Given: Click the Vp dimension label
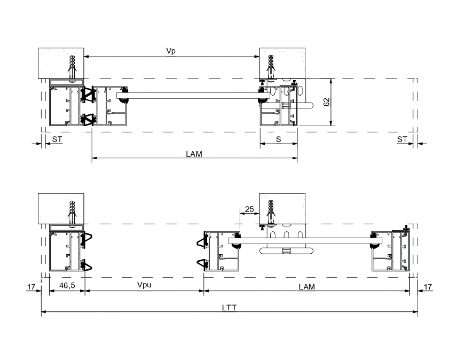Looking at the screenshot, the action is (171, 51).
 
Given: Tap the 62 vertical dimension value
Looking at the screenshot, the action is (326, 102).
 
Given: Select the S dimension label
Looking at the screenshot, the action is (278, 139).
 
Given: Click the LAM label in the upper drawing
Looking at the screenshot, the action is (194, 154).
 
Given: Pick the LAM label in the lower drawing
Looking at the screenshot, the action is (306, 287).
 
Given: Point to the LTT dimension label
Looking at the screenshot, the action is (229, 308).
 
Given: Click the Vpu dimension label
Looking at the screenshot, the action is (144, 285).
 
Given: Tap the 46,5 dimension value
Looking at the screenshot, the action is (67, 285).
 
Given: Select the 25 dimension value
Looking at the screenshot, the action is (249, 209).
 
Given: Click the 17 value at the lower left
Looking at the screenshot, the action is (31, 287).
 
